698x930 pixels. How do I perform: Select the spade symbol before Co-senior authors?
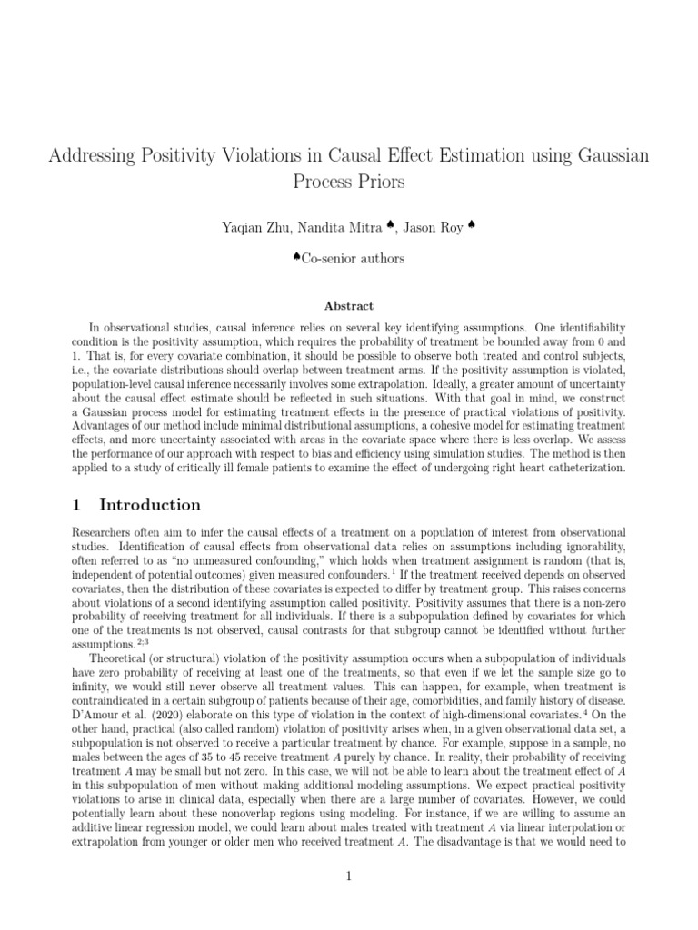click(297, 257)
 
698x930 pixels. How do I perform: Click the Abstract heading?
click(348, 306)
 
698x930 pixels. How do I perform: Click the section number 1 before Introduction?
click(76, 505)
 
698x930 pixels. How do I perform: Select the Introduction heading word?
click(150, 505)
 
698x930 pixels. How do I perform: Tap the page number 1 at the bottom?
click(348, 876)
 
